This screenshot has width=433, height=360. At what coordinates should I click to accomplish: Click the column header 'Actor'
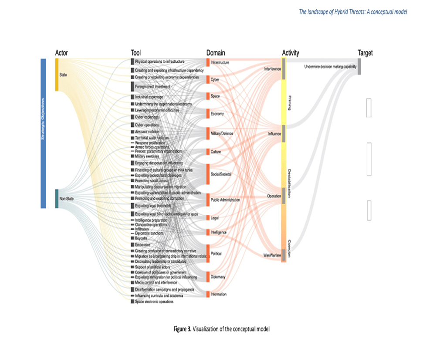click(61, 53)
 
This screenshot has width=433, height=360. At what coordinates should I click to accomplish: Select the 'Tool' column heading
click(135, 53)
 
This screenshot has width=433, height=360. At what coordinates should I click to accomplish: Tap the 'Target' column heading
click(365, 53)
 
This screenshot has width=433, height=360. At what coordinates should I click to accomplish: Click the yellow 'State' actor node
click(57, 75)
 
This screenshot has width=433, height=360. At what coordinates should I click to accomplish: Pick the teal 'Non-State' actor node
click(57, 198)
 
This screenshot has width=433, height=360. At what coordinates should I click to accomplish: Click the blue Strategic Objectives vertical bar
click(43, 133)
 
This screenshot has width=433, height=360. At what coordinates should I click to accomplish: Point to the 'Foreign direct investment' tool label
click(152, 87)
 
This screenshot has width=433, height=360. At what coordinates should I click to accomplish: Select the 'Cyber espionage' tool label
click(147, 117)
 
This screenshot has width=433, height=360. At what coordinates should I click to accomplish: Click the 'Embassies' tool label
click(142, 245)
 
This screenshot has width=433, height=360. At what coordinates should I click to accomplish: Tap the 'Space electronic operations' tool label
click(154, 302)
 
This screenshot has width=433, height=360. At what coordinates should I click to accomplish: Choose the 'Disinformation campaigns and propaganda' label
click(164, 289)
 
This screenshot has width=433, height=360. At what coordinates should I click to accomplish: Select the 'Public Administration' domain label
click(225, 200)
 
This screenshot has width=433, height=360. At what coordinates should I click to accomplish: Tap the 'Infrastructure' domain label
click(220, 63)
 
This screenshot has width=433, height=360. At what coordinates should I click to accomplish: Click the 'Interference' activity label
click(272, 69)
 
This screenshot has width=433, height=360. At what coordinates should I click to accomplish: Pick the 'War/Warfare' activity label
click(272, 255)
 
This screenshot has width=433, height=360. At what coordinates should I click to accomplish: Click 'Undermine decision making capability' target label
click(330, 67)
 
